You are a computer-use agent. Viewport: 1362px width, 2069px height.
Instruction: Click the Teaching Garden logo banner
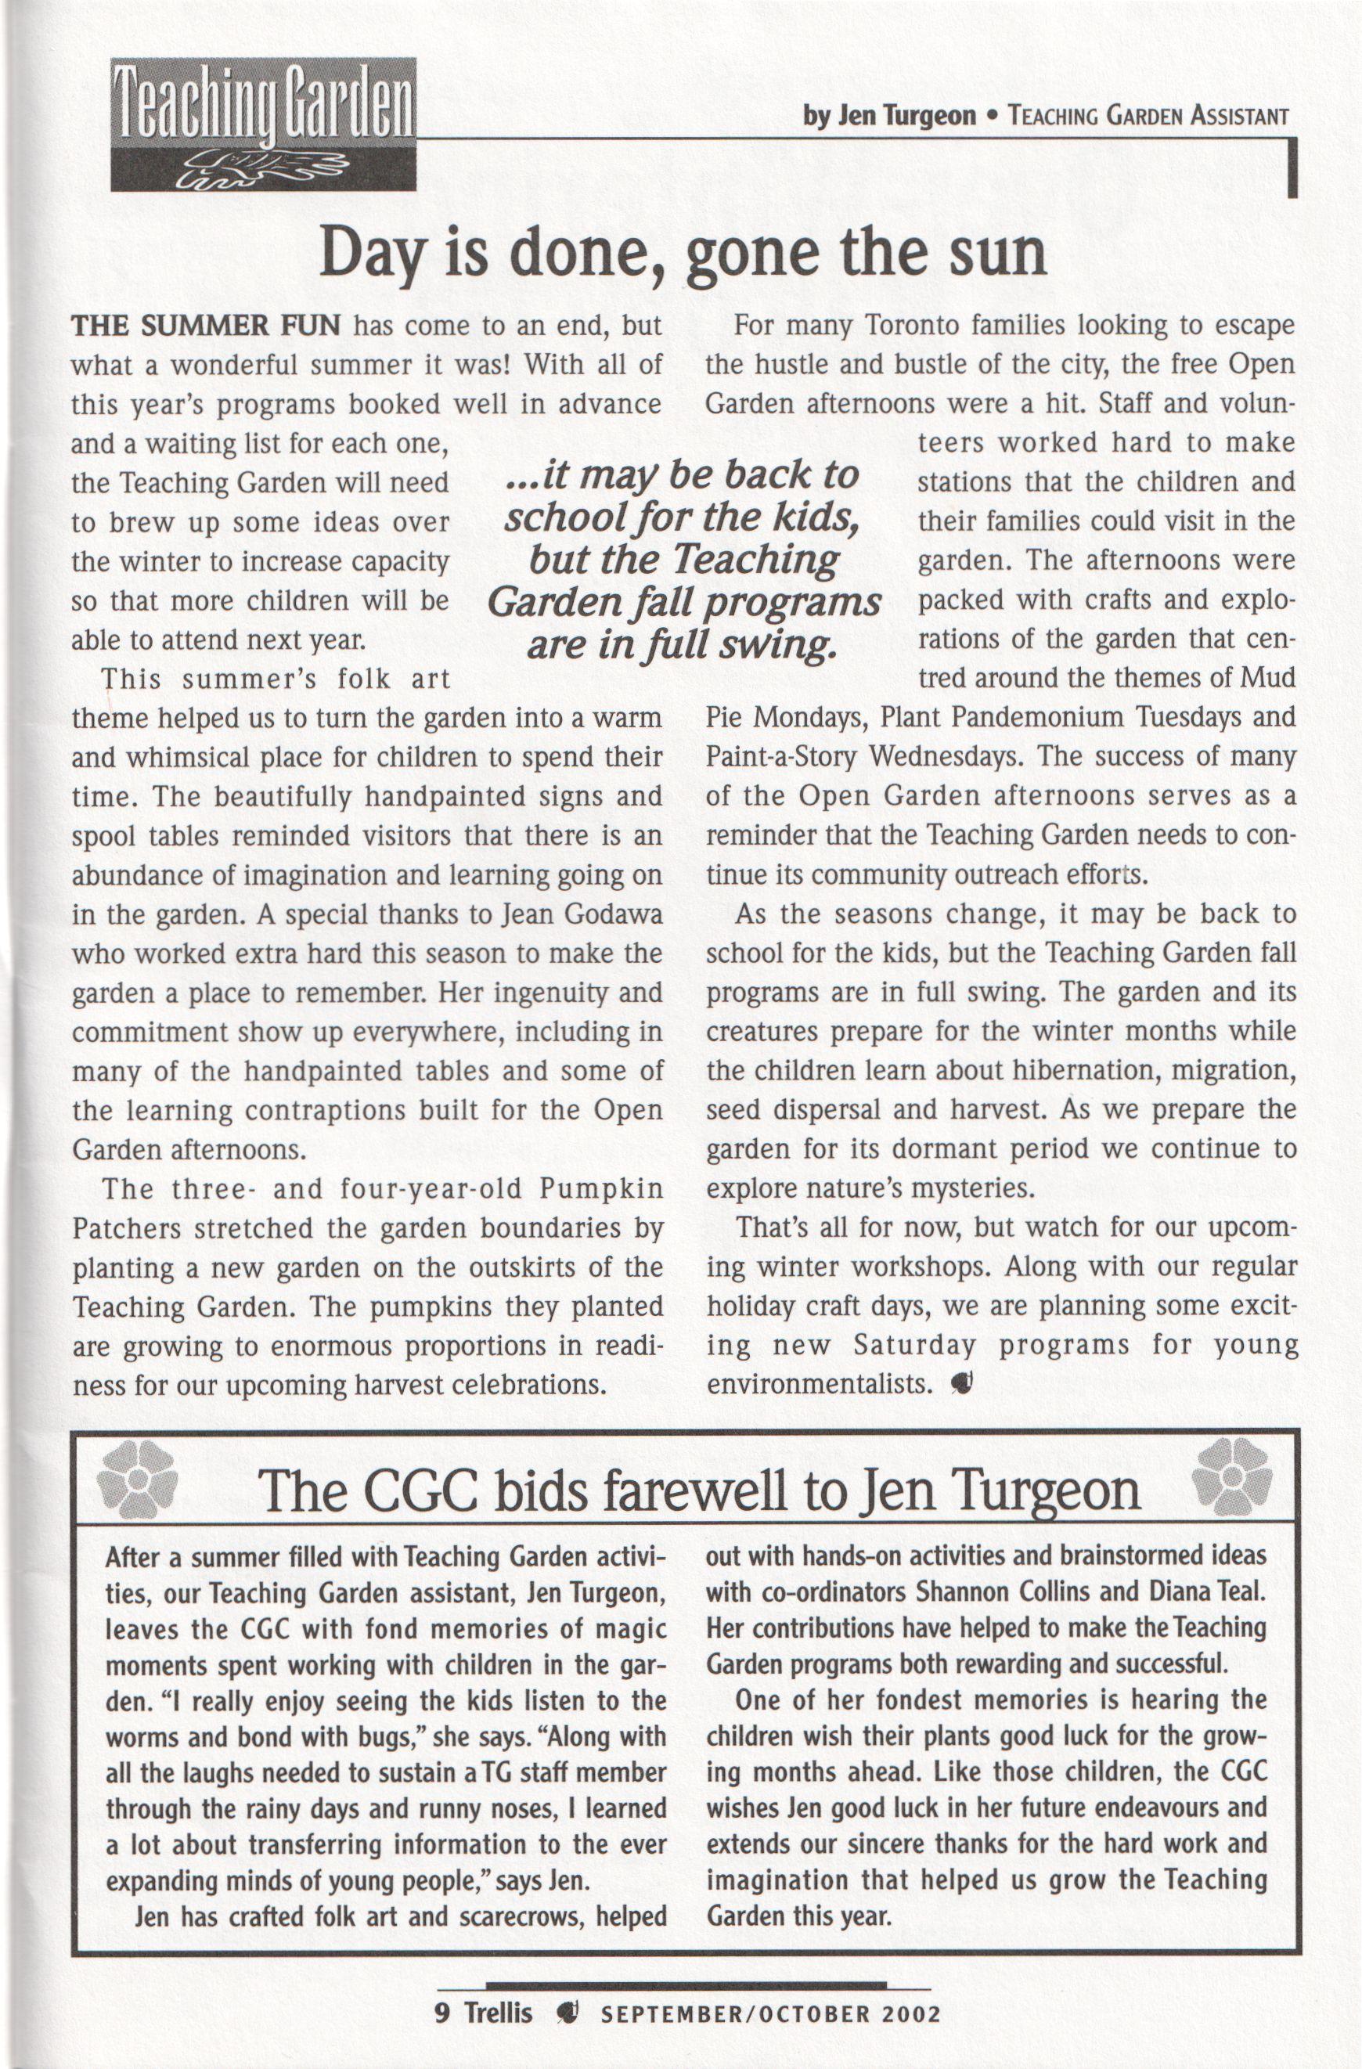click(263, 124)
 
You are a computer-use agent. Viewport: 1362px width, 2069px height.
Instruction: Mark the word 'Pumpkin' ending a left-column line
click(601, 1189)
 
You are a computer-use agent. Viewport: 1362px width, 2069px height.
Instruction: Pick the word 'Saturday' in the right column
click(914, 1346)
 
